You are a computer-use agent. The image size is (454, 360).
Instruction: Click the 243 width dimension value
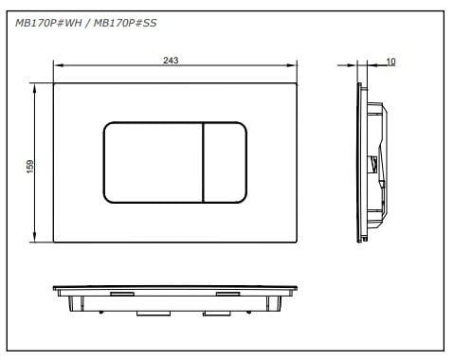point(171,60)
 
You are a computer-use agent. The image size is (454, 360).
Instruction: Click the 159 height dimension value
point(30,167)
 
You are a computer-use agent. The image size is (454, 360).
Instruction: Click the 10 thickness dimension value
point(390,62)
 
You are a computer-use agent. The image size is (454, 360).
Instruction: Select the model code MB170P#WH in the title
point(48,23)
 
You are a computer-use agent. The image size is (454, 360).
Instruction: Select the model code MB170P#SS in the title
point(125,23)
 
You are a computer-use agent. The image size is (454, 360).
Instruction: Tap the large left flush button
point(153,162)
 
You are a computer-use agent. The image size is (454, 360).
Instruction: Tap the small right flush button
point(225,162)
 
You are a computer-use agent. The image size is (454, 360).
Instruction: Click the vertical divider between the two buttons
point(203,162)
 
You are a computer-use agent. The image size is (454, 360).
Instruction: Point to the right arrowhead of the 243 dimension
point(292,65)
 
